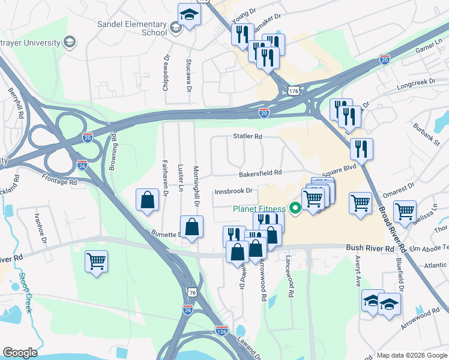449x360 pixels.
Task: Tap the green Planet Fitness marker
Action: pos(295,209)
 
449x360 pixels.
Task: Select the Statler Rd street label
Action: pos(248,137)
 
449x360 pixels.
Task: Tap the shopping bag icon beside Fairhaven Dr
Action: pos(148,201)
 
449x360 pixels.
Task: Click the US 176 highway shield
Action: pos(293,91)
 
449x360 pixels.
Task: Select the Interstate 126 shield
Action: pos(222,331)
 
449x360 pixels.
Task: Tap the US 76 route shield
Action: pos(192,292)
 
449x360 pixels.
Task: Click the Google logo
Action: pos(20,352)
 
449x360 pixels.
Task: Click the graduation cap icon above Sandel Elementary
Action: pos(189,14)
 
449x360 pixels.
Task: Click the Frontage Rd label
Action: pos(60,178)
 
